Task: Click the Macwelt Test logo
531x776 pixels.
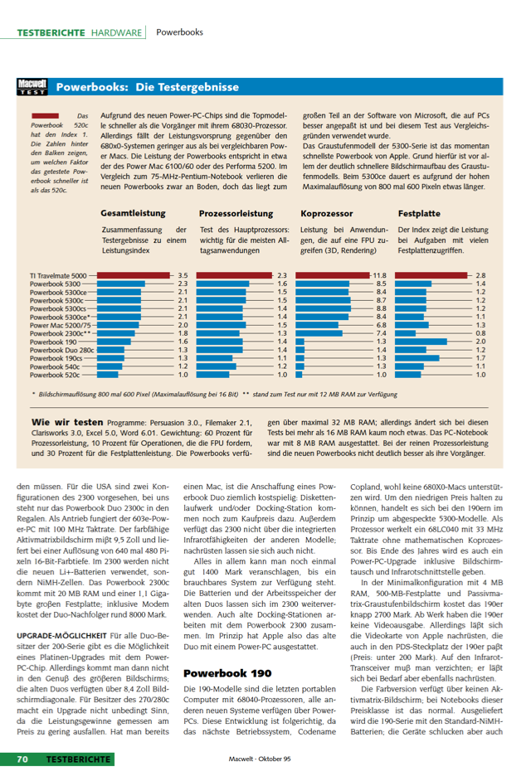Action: (32, 86)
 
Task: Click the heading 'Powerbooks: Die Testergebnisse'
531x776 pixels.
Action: (147, 87)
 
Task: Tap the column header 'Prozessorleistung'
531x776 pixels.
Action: (236, 213)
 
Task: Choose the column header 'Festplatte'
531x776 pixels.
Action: (419, 213)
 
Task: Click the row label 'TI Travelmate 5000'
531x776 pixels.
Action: (58, 275)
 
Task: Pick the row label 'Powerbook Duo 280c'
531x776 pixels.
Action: (61, 350)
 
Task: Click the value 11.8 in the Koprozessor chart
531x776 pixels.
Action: (380, 275)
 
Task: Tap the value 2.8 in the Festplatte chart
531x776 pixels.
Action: (480, 275)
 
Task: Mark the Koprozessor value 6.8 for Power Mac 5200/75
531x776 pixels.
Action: (381, 325)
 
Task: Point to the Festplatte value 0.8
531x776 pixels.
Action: (480, 333)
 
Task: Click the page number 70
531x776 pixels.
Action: (22, 759)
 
